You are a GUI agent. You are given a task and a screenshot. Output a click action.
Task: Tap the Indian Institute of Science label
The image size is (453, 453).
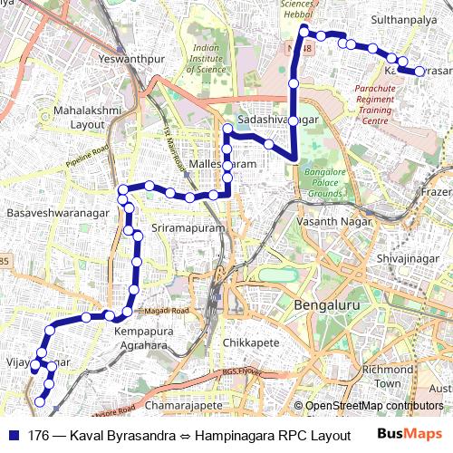[207, 59]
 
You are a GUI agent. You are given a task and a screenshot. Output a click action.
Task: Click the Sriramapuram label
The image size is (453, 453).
[188, 229]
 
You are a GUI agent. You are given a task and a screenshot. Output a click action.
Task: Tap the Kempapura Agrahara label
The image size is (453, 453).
[142, 338]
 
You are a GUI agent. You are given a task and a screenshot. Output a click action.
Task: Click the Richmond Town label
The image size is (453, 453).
[387, 376]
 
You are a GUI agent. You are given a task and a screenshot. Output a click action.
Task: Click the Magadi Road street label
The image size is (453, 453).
[167, 311]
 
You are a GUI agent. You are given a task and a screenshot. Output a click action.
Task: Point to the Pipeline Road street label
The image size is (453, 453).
[87, 152]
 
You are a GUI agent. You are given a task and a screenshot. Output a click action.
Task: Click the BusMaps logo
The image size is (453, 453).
[410, 435]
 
